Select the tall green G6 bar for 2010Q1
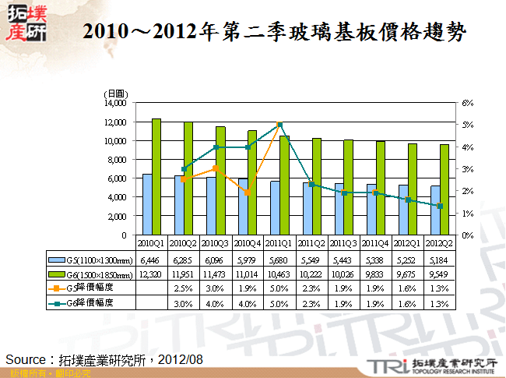(x=156, y=176)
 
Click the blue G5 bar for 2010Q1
(x=147, y=204)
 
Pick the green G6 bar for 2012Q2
(x=444, y=189)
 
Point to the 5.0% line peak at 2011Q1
(x=279, y=125)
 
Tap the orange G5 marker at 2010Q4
(x=248, y=193)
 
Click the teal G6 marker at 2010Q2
(x=184, y=169)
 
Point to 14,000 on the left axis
(x=114, y=103)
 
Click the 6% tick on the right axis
(x=467, y=103)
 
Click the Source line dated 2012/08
(x=104, y=359)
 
